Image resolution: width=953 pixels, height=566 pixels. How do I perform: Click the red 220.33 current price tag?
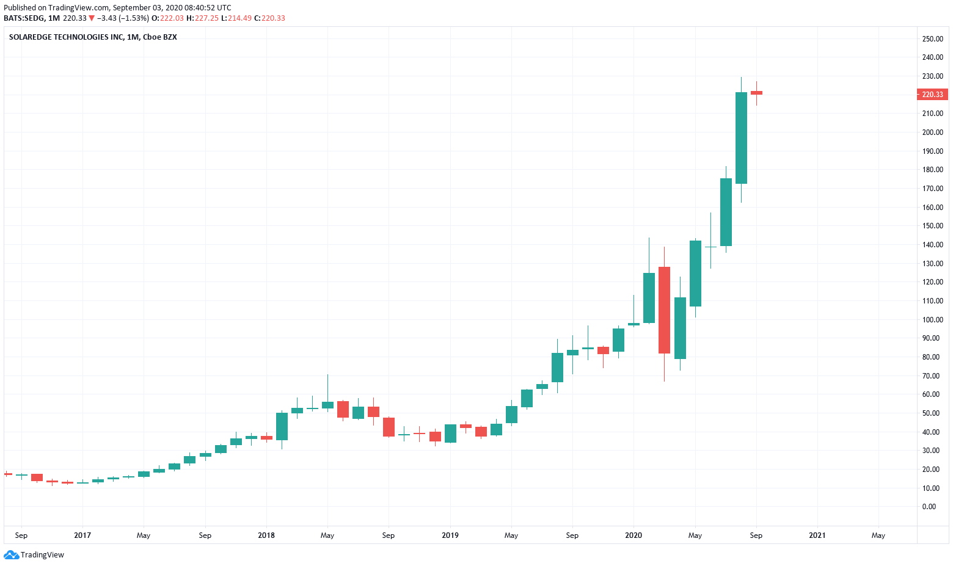pos(932,95)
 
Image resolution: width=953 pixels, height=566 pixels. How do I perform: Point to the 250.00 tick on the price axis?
pos(932,38)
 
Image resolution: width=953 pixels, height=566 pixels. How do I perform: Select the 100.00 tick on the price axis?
pos(932,319)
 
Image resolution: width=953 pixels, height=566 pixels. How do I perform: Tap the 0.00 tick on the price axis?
pos(929,506)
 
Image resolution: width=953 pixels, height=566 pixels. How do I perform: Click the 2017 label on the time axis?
pos(82,535)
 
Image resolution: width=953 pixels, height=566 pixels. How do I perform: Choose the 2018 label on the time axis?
pos(266,535)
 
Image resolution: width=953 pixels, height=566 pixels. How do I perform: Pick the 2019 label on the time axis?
pos(450,535)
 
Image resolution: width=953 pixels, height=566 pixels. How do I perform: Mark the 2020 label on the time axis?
pos(634,535)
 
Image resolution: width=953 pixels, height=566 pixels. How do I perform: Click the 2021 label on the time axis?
pos(817,535)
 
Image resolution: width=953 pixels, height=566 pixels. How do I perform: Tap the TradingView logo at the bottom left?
pos(34,555)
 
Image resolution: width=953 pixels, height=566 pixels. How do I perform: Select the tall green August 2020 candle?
pos(741,137)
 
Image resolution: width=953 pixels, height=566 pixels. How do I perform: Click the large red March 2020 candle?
pos(664,310)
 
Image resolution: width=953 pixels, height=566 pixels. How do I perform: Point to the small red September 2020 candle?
pos(756,93)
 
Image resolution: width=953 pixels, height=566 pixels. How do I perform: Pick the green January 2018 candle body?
pos(282,426)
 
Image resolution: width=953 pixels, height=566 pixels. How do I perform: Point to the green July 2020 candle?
pos(726,212)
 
